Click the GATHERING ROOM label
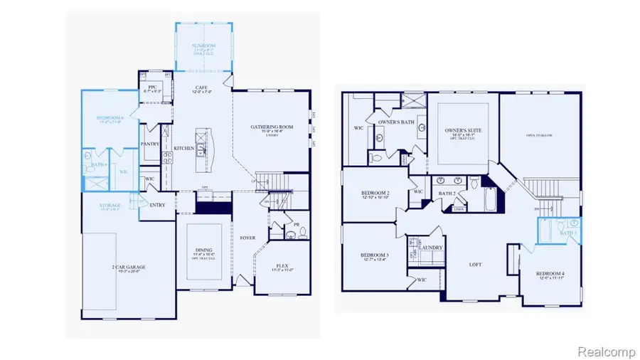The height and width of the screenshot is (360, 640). coord(272,127)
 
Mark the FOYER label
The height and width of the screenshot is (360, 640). coord(247,238)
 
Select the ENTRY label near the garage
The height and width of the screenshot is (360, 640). coord(157,204)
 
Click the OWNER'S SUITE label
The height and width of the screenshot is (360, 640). coord(462,132)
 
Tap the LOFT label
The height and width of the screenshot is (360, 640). coord(476,264)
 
